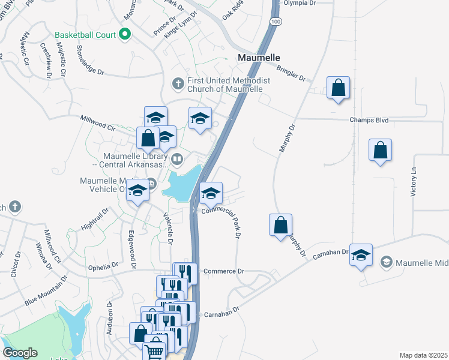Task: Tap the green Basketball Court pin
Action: (x=125, y=34)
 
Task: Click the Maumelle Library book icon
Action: (x=177, y=159)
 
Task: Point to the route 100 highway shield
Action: (x=275, y=21)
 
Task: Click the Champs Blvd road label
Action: (x=369, y=120)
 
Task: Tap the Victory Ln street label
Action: (x=414, y=180)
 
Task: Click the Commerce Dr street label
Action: (x=224, y=271)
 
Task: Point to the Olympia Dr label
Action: (x=298, y=3)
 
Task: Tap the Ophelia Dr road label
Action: (x=103, y=266)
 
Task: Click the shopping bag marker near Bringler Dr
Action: (x=339, y=88)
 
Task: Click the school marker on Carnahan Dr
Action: (x=361, y=255)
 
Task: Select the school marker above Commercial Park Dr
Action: (x=211, y=193)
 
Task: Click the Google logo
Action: (x=20, y=353)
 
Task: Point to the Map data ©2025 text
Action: (x=423, y=355)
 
